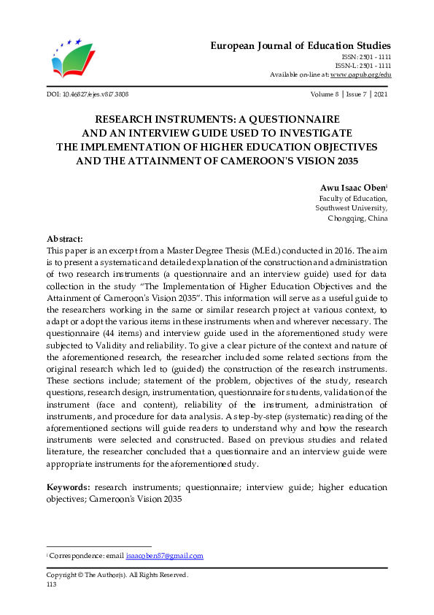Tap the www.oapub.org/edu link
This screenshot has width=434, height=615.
pyautogui.click(x=360, y=75)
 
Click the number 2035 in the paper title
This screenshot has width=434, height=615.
pyautogui.click(x=343, y=161)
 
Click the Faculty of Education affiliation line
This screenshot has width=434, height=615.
pyautogui.click(x=354, y=198)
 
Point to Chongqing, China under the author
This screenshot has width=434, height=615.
pyautogui.click(x=357, y=218)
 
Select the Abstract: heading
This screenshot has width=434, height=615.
pyautogui.click(x=65, y=239)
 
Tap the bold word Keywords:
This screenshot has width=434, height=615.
pyautogui.click(x=69, y=486)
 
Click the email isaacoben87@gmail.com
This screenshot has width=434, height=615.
pyautogui.click(x=164, y=556)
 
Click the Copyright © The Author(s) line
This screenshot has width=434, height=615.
pyautogui.click(x=117, y=575)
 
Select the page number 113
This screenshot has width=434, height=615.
pyautogui.click(x=51, y=584)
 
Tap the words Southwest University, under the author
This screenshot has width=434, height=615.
pyautogui.click(x=352, y=208)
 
